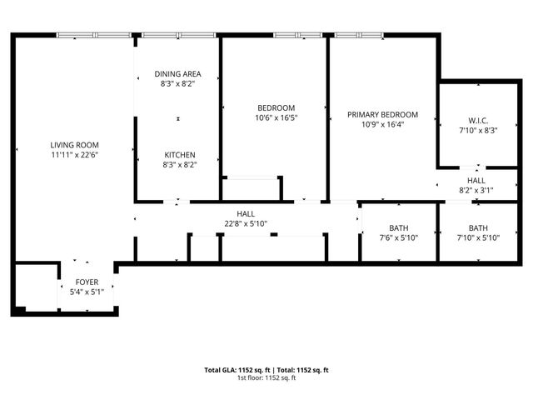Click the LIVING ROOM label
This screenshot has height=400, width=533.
[x=75, y=144]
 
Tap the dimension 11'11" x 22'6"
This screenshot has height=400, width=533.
[x=75, y=154]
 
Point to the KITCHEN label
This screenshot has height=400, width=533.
[x=179, y=155]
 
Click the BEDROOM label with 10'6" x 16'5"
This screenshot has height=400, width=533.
[x=276, y=108]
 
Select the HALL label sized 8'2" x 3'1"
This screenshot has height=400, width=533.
[x=476, y=180]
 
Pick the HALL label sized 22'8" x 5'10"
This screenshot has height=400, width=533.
[x=246, y=214]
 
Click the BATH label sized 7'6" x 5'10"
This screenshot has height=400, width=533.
[x=399, y=228]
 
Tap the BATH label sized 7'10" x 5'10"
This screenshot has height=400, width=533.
[x=478, y=228]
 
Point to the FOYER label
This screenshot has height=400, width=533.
[x=87, y=282]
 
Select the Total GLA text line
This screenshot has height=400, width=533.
[x=266, y=369]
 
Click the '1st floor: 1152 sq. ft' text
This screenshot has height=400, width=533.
[x=266, y=377]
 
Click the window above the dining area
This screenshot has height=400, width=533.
[x=177, y=35]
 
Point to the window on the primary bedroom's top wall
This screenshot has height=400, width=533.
[x=359, y=35]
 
